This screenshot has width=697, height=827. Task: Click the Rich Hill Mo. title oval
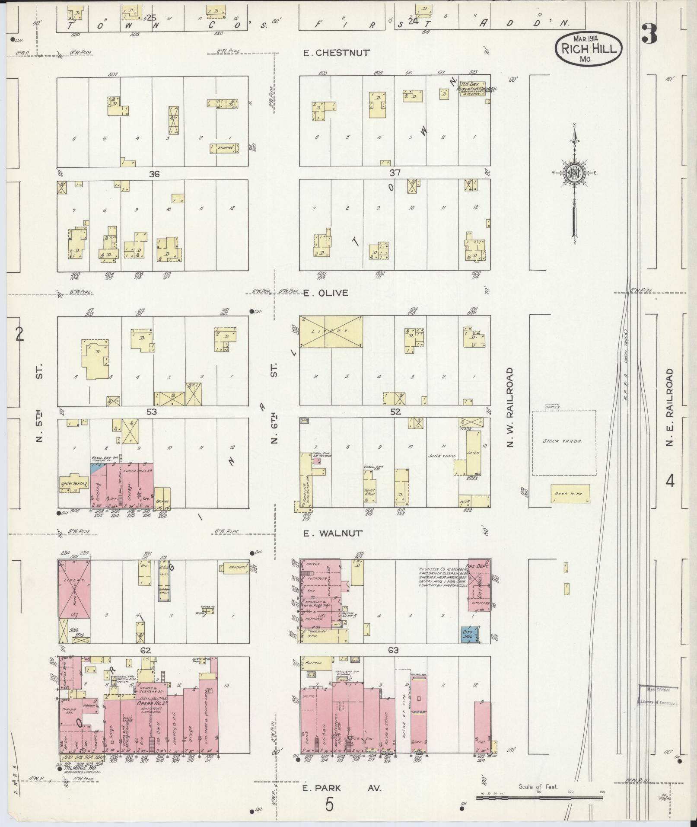click(x=589, y=48)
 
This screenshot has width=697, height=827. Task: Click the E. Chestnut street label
click(x=336, y=53)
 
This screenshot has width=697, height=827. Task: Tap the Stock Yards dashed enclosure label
click(x=563, y=441)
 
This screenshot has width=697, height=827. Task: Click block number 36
click(x=154, y=174)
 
